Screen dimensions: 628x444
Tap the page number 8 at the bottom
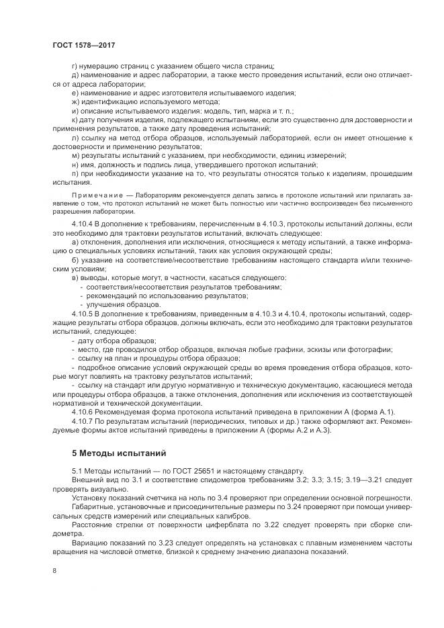(x=54, y=571)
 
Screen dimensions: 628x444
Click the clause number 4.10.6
(x=83, y=411)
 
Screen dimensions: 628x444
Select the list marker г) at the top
(x=74, y=65)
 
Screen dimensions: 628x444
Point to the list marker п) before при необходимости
(x=75, y=173)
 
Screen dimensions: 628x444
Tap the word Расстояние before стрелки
(x=94, y=525)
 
